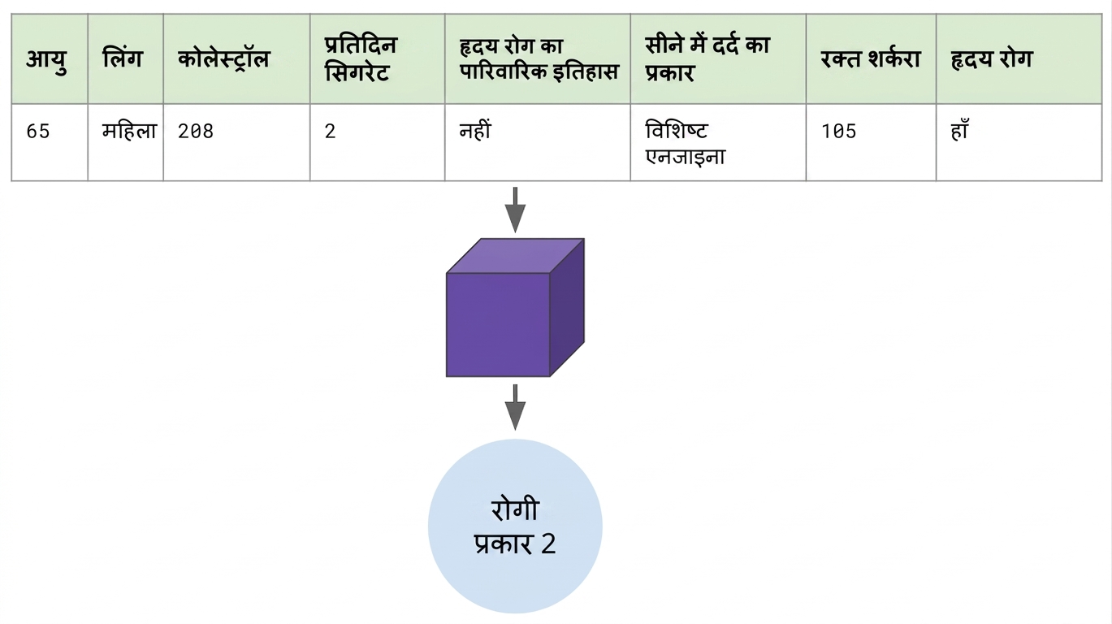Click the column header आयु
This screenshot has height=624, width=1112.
[46, 59]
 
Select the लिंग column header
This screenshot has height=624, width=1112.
[122, 58]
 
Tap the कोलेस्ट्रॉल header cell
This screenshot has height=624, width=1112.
[223, 59]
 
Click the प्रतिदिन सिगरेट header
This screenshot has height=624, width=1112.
[361, 59]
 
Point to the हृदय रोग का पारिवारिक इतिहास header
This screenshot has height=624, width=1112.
[539, 59]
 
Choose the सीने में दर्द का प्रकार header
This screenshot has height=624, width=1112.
[707, 59]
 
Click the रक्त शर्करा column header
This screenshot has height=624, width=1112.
[871, 59]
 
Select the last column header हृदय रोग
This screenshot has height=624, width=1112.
[992, 59]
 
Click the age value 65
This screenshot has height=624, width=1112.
[38, 132]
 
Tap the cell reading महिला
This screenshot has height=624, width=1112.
[130, 131]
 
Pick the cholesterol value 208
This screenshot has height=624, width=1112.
[196, 132]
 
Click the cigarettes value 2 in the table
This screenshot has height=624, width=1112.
[330, 132]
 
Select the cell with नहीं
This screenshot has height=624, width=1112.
[475, 131]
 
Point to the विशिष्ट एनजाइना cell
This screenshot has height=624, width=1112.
[686, 144]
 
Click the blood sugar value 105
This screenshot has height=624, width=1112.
[839, 132]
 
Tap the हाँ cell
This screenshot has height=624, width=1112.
[959, 130]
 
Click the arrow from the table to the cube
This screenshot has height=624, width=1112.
[515, 210]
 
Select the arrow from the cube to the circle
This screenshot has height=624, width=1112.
[515, 407]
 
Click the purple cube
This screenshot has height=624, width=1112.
[515, 308]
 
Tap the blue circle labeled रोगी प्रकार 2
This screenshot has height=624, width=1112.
[515, 526]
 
